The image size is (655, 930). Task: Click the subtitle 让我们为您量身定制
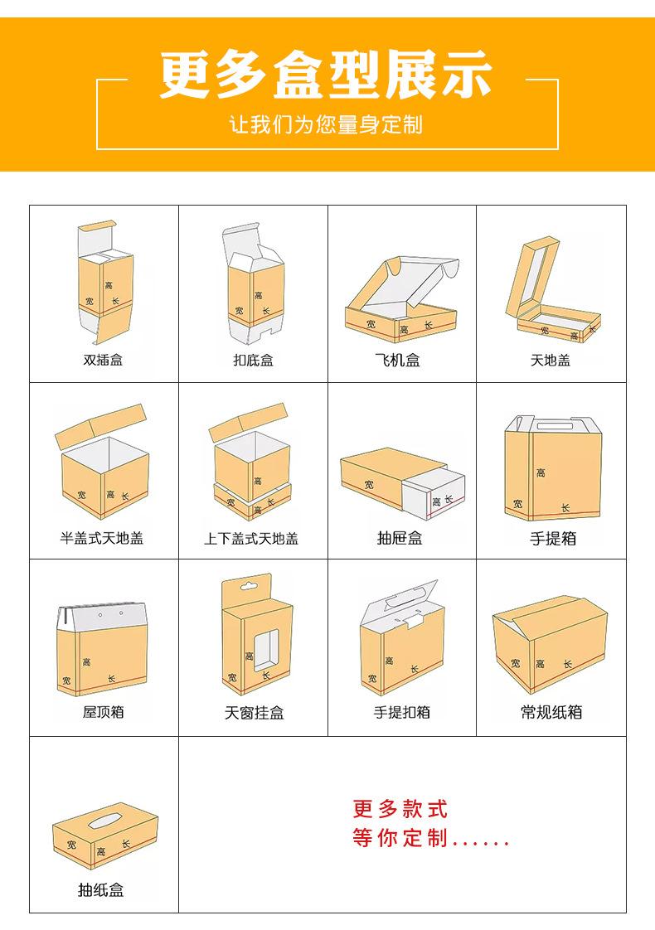click(327, 125)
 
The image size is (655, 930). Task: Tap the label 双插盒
click(104, 361)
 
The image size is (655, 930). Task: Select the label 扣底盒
click(253, 361)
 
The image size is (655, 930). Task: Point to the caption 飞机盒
click(400, 361)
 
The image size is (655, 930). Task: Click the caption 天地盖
click(551, 361)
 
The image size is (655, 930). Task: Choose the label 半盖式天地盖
click(102, 538)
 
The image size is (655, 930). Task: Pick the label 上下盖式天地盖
click(251, 539)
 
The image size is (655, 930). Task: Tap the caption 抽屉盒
click(400, 538)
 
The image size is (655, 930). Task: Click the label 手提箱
click(553, 539)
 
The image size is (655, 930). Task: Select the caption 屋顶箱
click(103, 712)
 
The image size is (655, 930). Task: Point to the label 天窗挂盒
click(254, 713)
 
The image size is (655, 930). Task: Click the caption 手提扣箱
click(401, 712)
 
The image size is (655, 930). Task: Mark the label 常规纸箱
click(551, 712)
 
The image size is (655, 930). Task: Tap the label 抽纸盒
click(100, 890)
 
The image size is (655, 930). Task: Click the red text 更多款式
click(400, 809)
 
